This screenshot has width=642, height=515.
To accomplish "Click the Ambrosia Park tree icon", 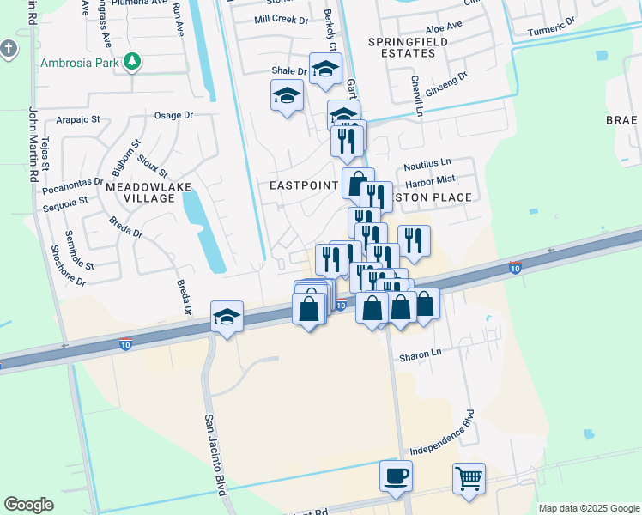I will [131, 61].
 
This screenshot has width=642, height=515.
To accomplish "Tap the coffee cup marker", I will [396, 476].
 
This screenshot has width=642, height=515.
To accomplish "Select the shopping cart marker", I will [469, 479].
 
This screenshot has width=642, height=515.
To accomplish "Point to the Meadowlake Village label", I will [142, 191].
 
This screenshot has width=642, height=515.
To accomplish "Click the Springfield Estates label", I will [402, 47].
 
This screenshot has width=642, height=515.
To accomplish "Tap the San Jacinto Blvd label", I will [214, 455].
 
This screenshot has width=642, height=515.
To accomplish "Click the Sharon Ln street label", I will [420, 353].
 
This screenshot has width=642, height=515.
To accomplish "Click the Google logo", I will [28, 505].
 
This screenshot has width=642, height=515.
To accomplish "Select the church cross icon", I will [9, 49].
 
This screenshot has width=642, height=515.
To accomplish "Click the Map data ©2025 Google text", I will [588, 508].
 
